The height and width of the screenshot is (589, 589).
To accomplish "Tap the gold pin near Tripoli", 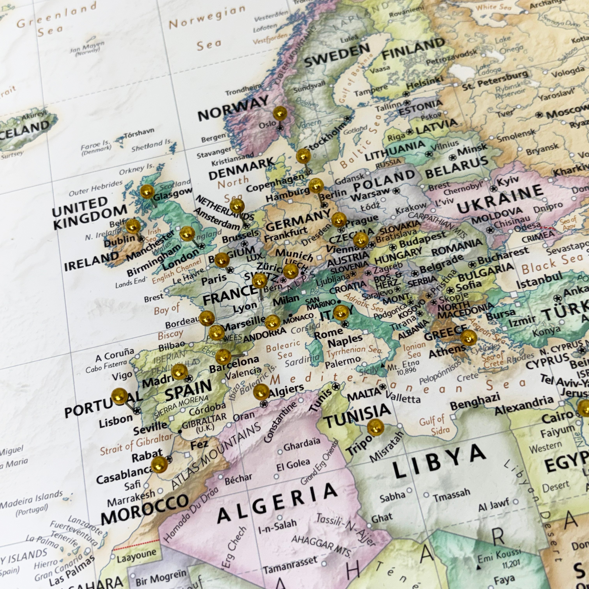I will pos(375,427).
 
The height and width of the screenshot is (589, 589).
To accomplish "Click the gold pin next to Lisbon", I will pos(120,396).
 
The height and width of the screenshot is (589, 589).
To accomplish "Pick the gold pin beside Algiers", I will pos(261,392).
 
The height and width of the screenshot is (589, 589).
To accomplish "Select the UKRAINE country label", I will pos(500,200).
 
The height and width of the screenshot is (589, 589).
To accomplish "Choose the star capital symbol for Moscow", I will pos(539,115).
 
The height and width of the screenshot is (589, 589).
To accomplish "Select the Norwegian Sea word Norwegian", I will pos(207,18).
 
